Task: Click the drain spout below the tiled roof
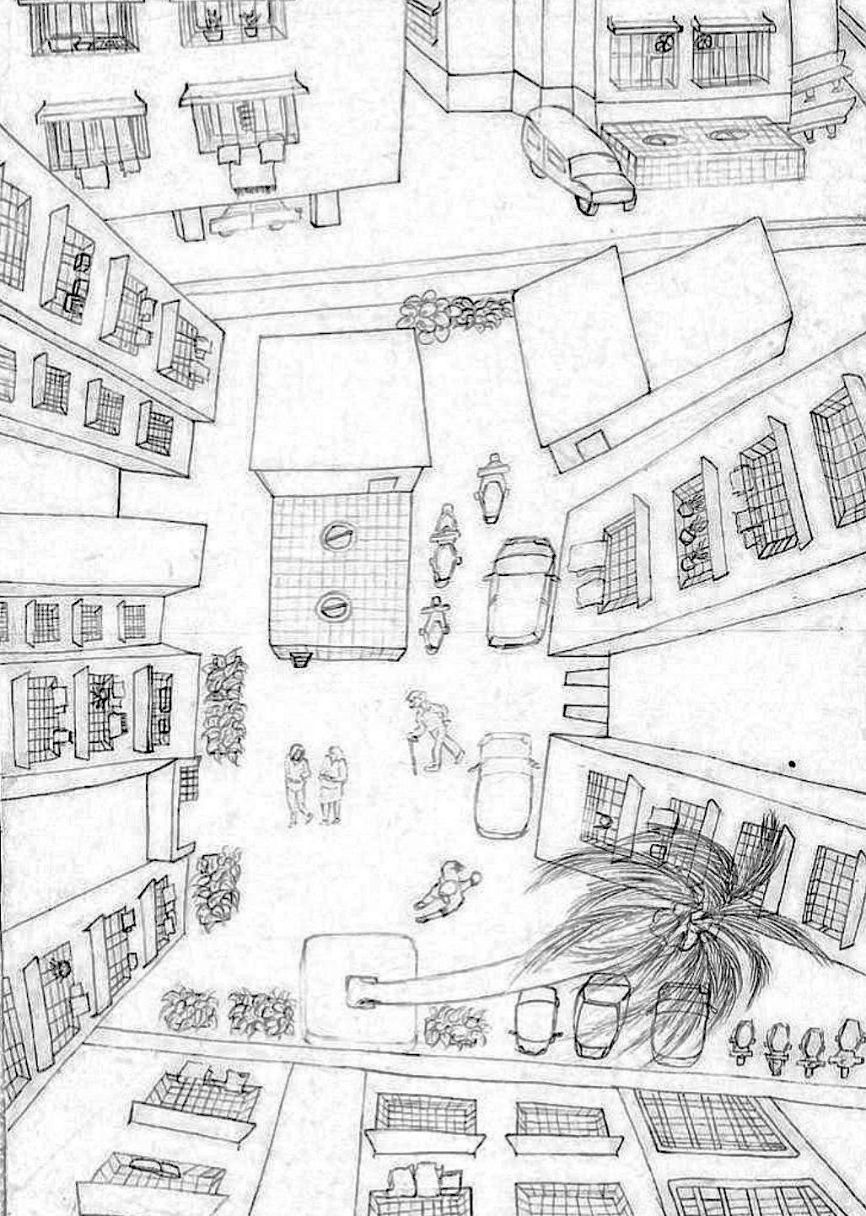point(298,659)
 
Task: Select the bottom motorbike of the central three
point(433,624)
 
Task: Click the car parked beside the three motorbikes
point(519,593)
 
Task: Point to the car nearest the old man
point(503,783)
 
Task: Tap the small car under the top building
point(253,217)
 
